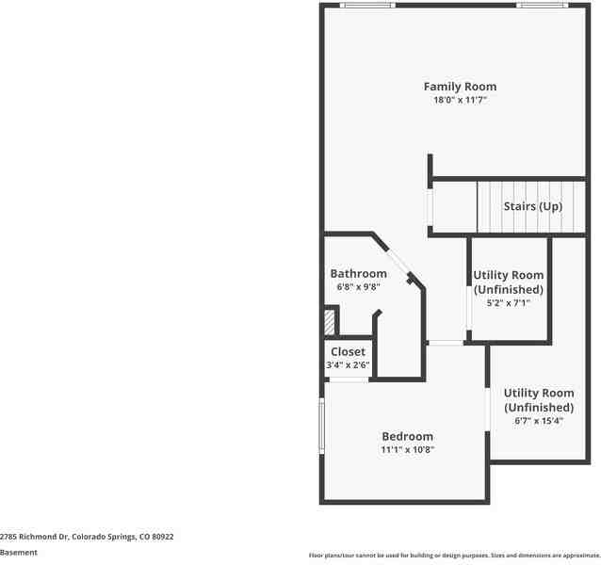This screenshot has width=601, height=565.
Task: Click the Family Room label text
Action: [x=460, y=87]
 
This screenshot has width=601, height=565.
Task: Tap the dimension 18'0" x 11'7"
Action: [x=460, y=99]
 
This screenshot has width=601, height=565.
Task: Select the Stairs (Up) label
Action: [x=532, y=206]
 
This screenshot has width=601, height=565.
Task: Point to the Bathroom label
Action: [x=358, y=274]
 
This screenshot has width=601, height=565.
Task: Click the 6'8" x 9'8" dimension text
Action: [x=358, y=286]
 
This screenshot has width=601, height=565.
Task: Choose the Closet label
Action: [x=348, y=352]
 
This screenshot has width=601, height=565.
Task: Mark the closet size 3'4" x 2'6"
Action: [x=348, y=364]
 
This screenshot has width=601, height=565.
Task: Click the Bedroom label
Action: [x=407, y=437]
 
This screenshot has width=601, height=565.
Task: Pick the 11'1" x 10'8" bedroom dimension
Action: [x=407, y=449]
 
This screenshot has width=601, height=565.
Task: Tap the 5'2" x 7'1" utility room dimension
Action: [x=508, y=303]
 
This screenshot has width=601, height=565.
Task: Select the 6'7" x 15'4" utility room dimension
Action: [x=538, y=421]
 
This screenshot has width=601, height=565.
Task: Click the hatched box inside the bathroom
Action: [x=330, y=321]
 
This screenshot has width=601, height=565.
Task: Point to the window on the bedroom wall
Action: [x=322, y=425]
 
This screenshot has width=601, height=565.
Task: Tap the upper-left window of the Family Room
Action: [x=366, y=6]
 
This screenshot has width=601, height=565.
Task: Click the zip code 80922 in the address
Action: [x=163, y=536]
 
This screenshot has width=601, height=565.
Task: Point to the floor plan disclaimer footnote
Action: [x=454, y=556]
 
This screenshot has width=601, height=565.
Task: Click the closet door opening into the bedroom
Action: [x=348, y=379]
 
